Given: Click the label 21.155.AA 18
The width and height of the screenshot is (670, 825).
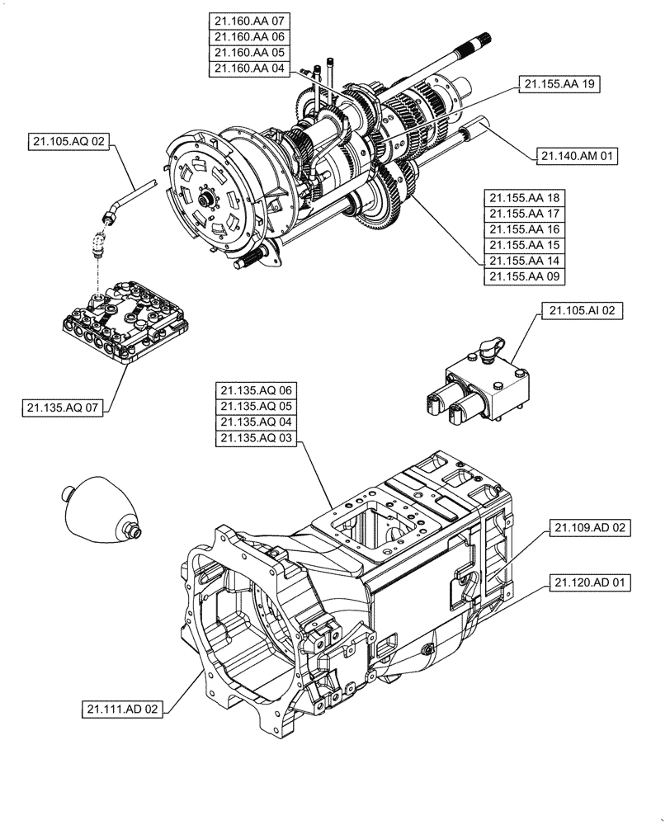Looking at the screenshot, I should click(525, 198).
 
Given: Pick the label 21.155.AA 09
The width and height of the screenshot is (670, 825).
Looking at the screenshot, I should click(525, 276).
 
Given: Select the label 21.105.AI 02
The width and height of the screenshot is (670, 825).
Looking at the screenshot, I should click(582, 310).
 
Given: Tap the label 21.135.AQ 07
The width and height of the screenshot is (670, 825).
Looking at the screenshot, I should click(63, 408).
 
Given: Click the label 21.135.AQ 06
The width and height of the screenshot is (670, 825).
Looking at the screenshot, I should click(256, 390).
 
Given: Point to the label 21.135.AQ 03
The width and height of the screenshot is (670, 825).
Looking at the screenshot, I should click(256, 439).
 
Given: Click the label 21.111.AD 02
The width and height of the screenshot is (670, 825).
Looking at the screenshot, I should click(123, 708).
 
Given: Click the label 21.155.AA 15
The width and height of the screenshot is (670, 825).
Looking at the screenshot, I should click(525, 245).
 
